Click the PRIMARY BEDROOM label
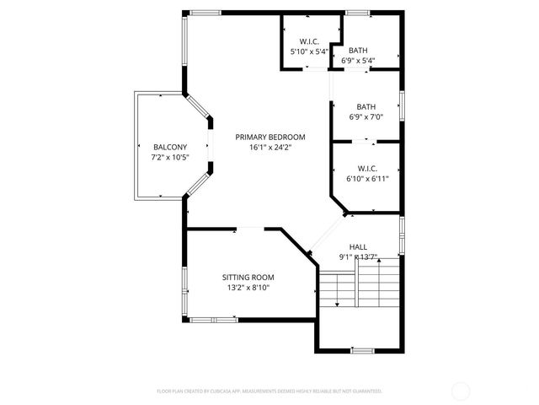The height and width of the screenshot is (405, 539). (x=269, y=137)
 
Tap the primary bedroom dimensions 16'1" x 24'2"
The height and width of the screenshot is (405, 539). (x=269, y=148)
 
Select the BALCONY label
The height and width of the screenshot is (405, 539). (x=169, y=147)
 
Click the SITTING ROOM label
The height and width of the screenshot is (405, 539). (x=248, y=277)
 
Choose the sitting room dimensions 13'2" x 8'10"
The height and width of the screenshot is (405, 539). (x=248, y=288)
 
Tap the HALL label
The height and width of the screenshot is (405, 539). (x=358, y=246)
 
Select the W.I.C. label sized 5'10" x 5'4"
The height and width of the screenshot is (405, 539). (x=309, y=41)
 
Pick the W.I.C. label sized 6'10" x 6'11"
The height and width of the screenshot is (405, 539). (x=366, y=167)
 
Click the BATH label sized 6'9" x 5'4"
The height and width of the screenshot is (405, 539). (x=358, y=50)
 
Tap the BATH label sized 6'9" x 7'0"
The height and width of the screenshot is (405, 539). (x=366, y=106)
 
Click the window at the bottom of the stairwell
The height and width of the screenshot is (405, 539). (x=362, y=349)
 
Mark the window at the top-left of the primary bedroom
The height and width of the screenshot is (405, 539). (x=205, y=12)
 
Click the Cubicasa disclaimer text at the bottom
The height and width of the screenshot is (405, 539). (x=269, y=391)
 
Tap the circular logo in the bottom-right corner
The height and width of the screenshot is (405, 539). (x=461, y=391)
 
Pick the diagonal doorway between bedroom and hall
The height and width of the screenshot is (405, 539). (x=325, y=233)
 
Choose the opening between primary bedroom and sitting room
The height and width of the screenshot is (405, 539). (x=251, y=228)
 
